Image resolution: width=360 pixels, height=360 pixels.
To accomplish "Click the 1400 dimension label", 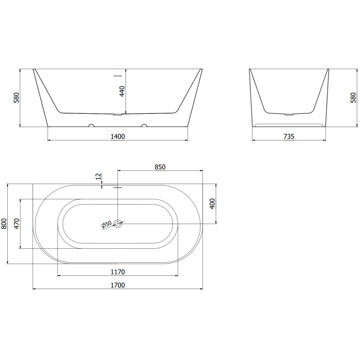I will click(x=118, y=136).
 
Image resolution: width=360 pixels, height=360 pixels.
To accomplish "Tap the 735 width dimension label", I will click(x=289, y=136).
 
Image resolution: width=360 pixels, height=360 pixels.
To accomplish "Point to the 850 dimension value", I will click(x=160, y=166).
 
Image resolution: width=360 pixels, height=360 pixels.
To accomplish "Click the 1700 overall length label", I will click(x=118, y=284).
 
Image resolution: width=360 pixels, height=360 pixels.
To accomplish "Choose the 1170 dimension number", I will click(x=118, y=271).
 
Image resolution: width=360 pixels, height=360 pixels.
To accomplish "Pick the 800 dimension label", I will click(x=4, y=224).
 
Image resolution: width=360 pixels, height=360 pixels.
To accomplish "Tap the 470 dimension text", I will click(x=17, y=224).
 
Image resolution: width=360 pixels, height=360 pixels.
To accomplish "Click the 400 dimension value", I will click(x=212, y=203).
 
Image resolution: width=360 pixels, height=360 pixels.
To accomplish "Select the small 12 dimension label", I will click(x=99, y=176).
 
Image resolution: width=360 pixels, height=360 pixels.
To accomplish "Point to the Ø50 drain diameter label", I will click(x=106, y=224).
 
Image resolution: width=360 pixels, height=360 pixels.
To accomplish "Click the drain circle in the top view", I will click(x=118, y=223).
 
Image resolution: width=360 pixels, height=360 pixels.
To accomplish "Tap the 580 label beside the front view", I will click(x=17, y=98).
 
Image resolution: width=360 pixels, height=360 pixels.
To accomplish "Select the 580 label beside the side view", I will click(x=353, y=98).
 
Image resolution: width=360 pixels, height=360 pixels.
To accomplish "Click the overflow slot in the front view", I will click(x=118, y=76).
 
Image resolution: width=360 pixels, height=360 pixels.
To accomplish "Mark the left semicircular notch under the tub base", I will click(x=91, y=126).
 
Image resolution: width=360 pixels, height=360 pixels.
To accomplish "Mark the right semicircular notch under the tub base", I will click(x=144, y=126).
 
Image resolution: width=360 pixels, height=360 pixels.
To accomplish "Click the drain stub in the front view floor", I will click(x=118, y=115).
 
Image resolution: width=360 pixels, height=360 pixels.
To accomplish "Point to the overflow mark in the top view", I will click(x=118, y=187).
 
